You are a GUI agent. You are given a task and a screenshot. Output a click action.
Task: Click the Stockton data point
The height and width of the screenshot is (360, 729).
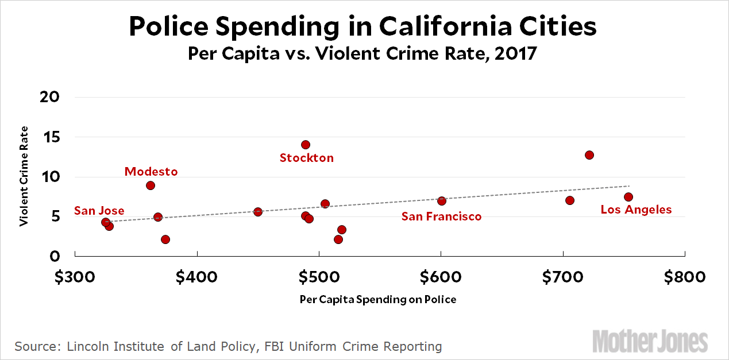click(x=306, y=145)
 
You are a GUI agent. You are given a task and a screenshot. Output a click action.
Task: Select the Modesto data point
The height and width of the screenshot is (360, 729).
click(x=151, y=185)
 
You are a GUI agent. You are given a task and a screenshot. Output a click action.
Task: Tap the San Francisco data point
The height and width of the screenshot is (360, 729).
click(x=442, y=201)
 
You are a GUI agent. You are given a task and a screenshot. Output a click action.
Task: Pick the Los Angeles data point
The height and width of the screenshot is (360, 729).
click(x=628, y=197)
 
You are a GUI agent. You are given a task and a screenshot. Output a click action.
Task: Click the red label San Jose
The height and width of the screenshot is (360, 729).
click(x=99, y=211)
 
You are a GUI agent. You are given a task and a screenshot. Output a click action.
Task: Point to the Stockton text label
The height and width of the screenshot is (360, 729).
click(x=306, y=158)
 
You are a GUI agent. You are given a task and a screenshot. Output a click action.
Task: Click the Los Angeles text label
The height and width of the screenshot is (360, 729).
click(x=636, y=210)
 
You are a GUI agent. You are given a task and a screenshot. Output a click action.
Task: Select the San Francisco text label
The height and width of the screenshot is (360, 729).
click(x=441, y=216)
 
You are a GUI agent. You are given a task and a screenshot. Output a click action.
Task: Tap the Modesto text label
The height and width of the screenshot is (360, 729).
click(x=151, y=172)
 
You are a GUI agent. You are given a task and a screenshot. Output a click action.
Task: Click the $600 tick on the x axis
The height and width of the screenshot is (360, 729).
click(x=441, y=277)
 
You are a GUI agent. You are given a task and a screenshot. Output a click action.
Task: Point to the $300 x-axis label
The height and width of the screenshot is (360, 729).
click(x=75, y=277)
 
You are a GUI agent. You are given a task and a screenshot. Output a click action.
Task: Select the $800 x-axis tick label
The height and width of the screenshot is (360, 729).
click(x=685, y=277)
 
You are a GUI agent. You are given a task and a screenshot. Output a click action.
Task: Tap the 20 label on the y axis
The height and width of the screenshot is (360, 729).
click(x=51, y=97)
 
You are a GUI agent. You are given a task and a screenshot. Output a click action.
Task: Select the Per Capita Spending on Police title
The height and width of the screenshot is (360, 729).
click(x=378, y=300)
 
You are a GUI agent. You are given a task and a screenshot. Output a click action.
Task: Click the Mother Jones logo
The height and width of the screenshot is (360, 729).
click(x=650, y=341)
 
